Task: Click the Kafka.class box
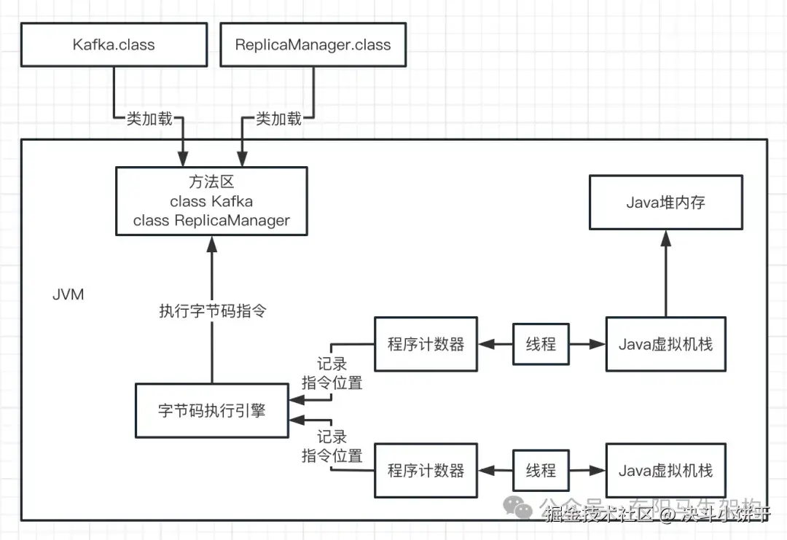(114, 44)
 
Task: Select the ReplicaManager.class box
(313, 44)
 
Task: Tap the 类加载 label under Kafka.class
(149, 118)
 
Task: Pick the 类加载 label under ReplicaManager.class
(278, 118)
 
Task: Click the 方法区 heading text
(211, 182)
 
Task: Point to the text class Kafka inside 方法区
(211, 201)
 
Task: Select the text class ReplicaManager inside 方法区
(211, 220)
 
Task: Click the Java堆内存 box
(665, 203)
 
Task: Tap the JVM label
(68, 294)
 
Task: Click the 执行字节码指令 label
(213, 311)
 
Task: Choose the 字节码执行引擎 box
(211, 410)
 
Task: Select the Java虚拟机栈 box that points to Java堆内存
(665, 344)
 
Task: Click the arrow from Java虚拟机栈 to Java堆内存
(665, 277)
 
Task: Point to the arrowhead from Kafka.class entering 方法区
(182, 158)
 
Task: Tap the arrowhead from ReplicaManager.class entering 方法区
(242, 158)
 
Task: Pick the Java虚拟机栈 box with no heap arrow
(665, 470)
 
